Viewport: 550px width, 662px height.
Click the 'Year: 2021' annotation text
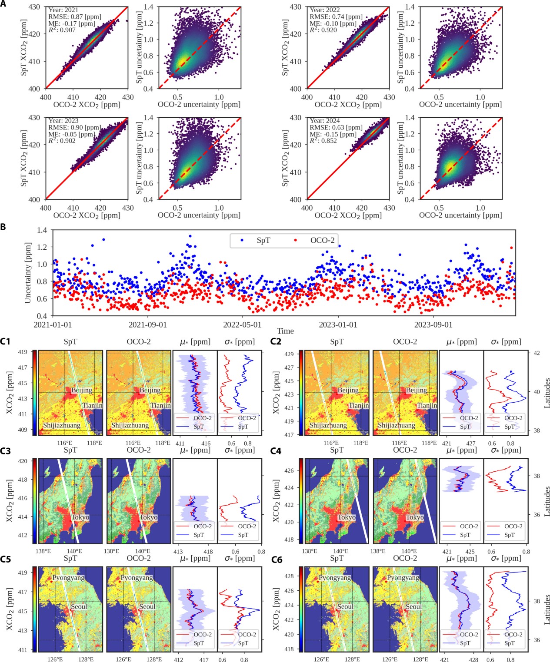tap(63, 10)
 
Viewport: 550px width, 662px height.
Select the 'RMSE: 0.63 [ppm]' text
tap(336, 127)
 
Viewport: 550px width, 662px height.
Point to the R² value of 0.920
tap(323, 30)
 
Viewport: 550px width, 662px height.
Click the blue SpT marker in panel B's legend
tap(242, 240)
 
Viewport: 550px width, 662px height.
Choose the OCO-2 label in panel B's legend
tap(322, 240)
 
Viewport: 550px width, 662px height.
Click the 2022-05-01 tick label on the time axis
tap(242, 324)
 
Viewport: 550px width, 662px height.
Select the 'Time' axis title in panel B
tap(285, 331)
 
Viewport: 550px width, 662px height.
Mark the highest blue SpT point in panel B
tap(190, 236)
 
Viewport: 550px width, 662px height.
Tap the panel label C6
tap(277, 559)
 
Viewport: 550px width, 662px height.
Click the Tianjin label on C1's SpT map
tap(92, 405)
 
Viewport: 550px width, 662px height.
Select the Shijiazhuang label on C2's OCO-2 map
tap(396, 425)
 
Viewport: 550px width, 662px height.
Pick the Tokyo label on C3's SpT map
tap(80, 517)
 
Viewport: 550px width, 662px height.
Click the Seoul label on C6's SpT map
tap(345, 606)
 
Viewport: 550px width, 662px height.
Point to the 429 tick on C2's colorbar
tap(289, 354)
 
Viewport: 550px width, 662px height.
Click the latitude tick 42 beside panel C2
tap(537, 353)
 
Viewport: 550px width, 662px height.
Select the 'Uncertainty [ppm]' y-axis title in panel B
tap(28, 273)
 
